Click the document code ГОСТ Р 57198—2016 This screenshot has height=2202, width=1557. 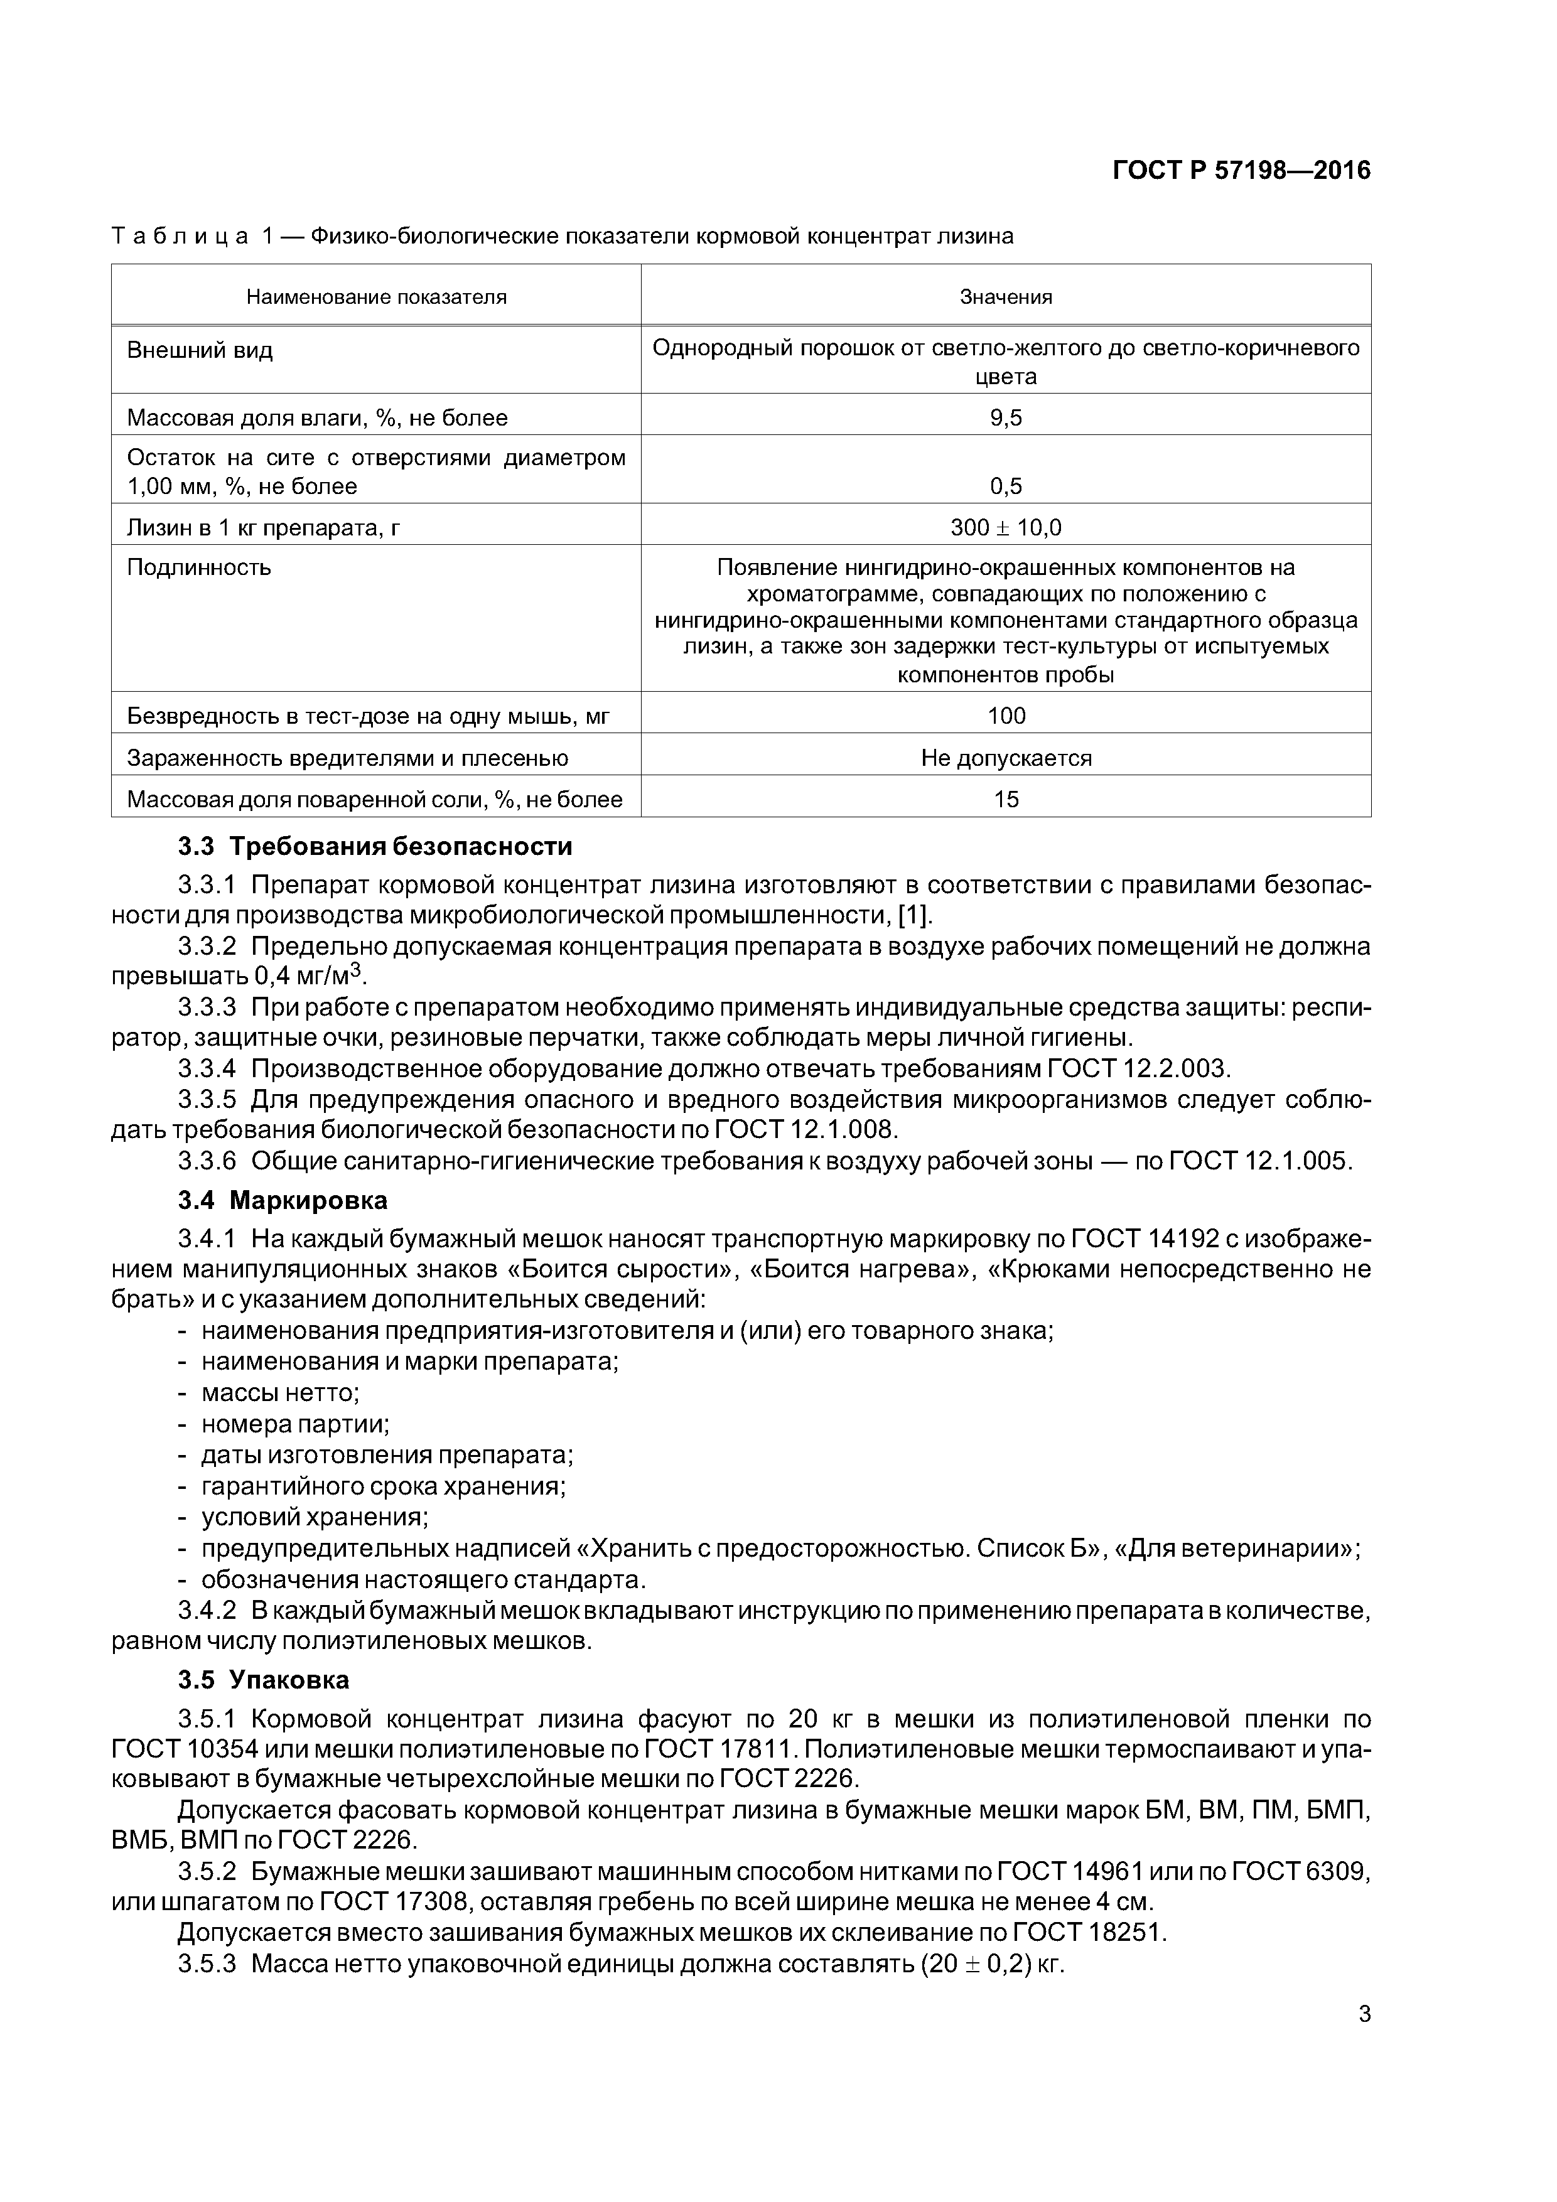1241,171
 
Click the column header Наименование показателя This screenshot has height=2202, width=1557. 376,298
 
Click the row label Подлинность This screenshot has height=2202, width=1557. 200,568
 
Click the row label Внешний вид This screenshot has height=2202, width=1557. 200,351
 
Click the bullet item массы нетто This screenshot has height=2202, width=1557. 280,1392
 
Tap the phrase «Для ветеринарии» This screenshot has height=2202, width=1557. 1235,1549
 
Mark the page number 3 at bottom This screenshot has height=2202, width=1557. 1364,2015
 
